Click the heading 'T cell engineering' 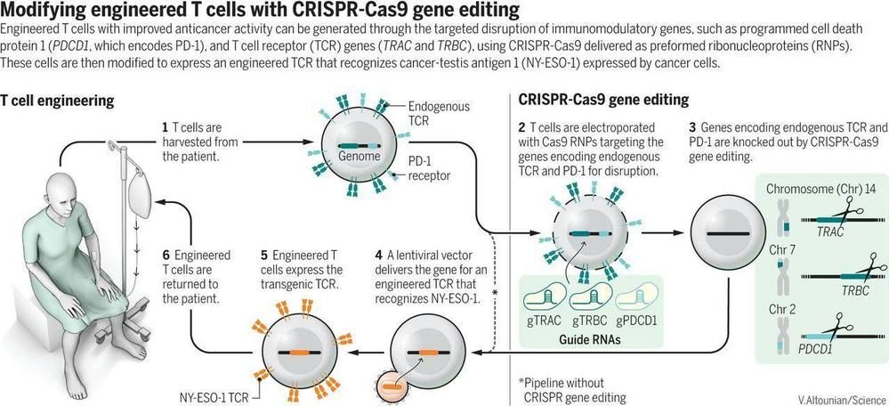pyautogui.click(x=58, y=101)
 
